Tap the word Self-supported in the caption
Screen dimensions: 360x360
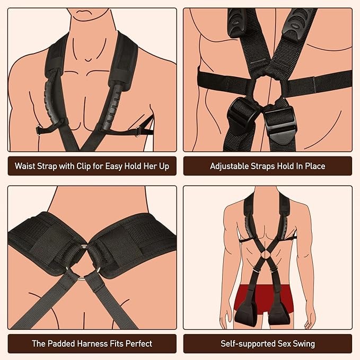248,344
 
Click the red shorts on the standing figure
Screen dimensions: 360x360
264,296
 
